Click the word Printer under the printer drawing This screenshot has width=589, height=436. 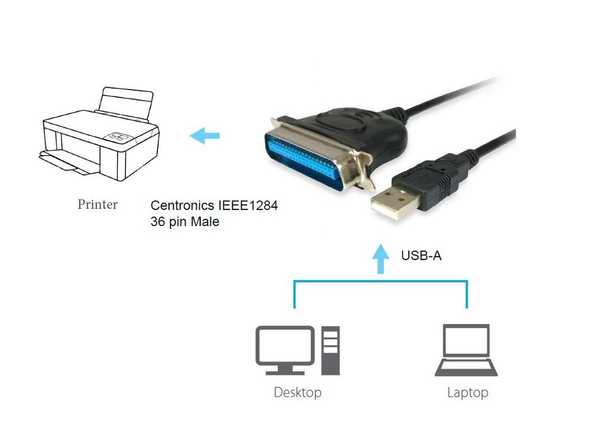(97, 205)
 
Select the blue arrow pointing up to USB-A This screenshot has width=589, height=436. (382, 259)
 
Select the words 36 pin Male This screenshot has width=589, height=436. (185, 222)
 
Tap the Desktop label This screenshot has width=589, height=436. (297, 392)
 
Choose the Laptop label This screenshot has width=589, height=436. (467, 392)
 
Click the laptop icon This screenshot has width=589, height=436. (466, 350)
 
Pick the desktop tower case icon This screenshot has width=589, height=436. (330, 351)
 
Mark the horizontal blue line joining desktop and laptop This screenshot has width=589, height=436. (380, 282)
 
